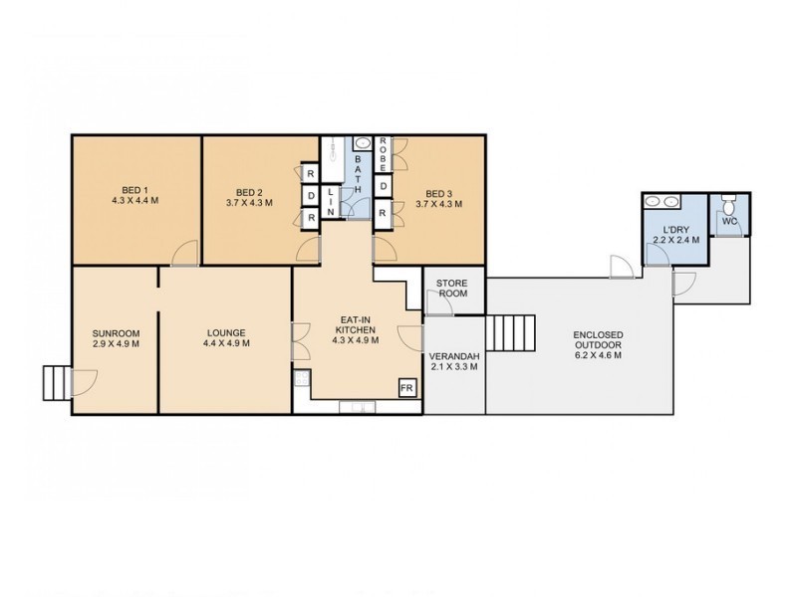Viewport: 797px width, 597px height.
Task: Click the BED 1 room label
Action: [135, 190]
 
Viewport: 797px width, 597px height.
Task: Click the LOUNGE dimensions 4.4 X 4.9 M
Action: [226, 344]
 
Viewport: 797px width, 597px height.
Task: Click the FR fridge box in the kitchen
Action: [406, 387]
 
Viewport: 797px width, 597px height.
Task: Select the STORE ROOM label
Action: [452, 289]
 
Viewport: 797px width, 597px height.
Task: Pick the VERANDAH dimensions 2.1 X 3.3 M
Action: [453, 367]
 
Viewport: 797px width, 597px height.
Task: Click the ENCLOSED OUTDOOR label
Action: [598, 340]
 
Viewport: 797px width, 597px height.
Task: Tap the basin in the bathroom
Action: [361, 144]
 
